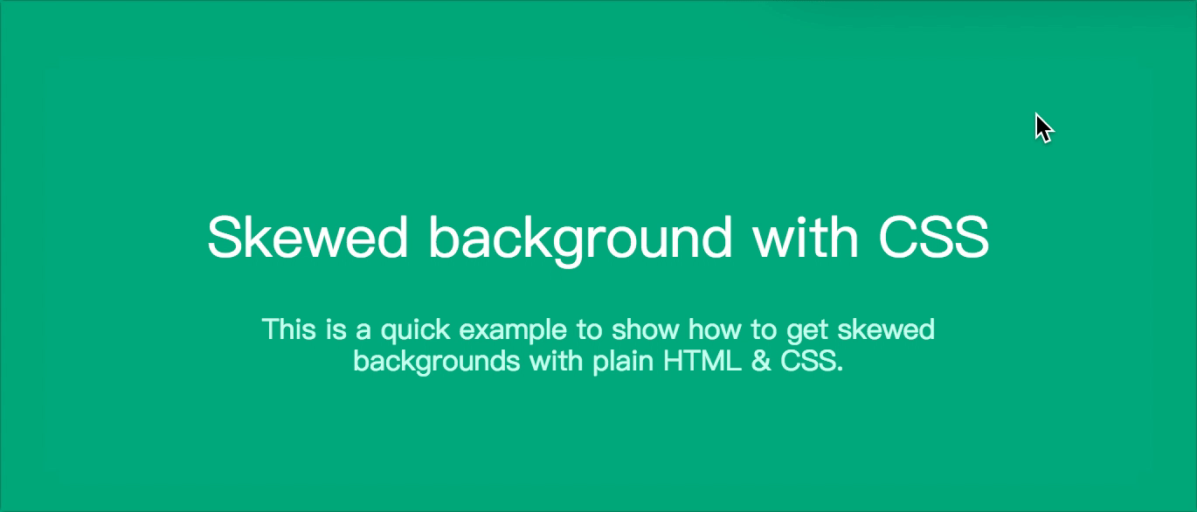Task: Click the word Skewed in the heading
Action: click(x=308, y=238)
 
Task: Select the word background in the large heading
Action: click(x=580, y=239)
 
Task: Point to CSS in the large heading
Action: click(x=933, y=238)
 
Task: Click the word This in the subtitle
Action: click(x=288, y=329)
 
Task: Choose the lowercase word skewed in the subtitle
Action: click(x=886, y=329)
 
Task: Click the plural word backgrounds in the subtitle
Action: click(x=437, y=363)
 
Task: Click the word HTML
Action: click(x=702, y=362)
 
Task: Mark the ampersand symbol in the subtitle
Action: click(x=761, y=362)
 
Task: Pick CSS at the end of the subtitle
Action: click(x=808, y=362)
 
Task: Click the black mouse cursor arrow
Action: click(x=1043, y=128)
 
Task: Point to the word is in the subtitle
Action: click(x=336, y=329)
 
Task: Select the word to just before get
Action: click(x=765, y=330)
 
